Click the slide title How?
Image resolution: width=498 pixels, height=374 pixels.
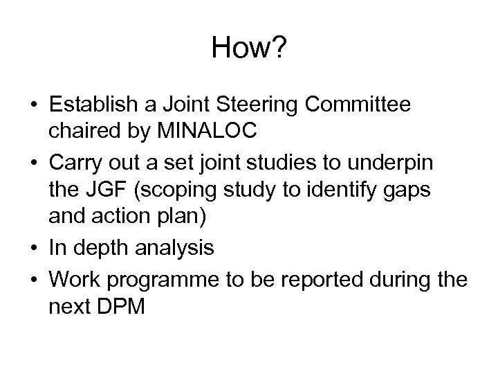click(248, 48)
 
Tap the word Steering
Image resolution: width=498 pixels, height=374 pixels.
click(266, 105)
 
